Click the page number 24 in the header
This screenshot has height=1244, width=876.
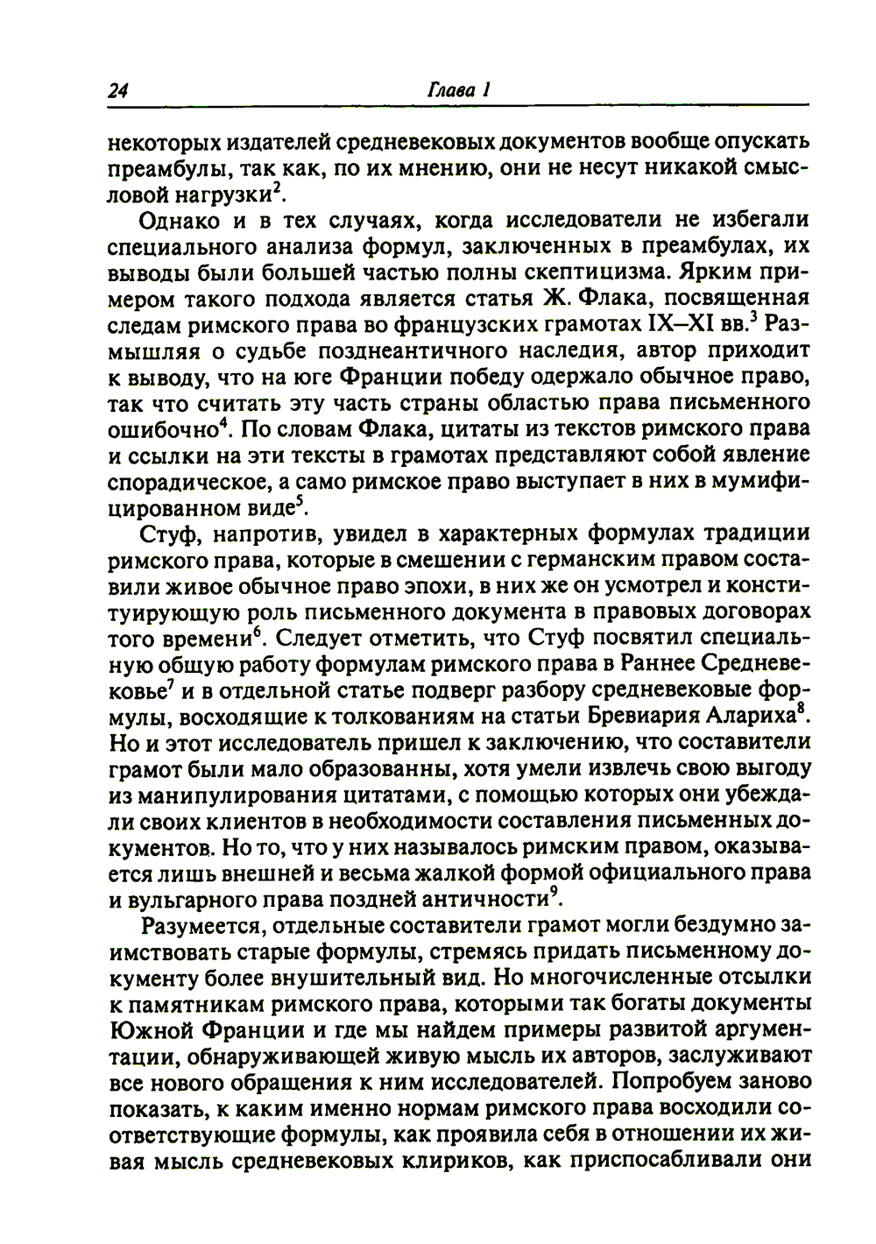(118, 89)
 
